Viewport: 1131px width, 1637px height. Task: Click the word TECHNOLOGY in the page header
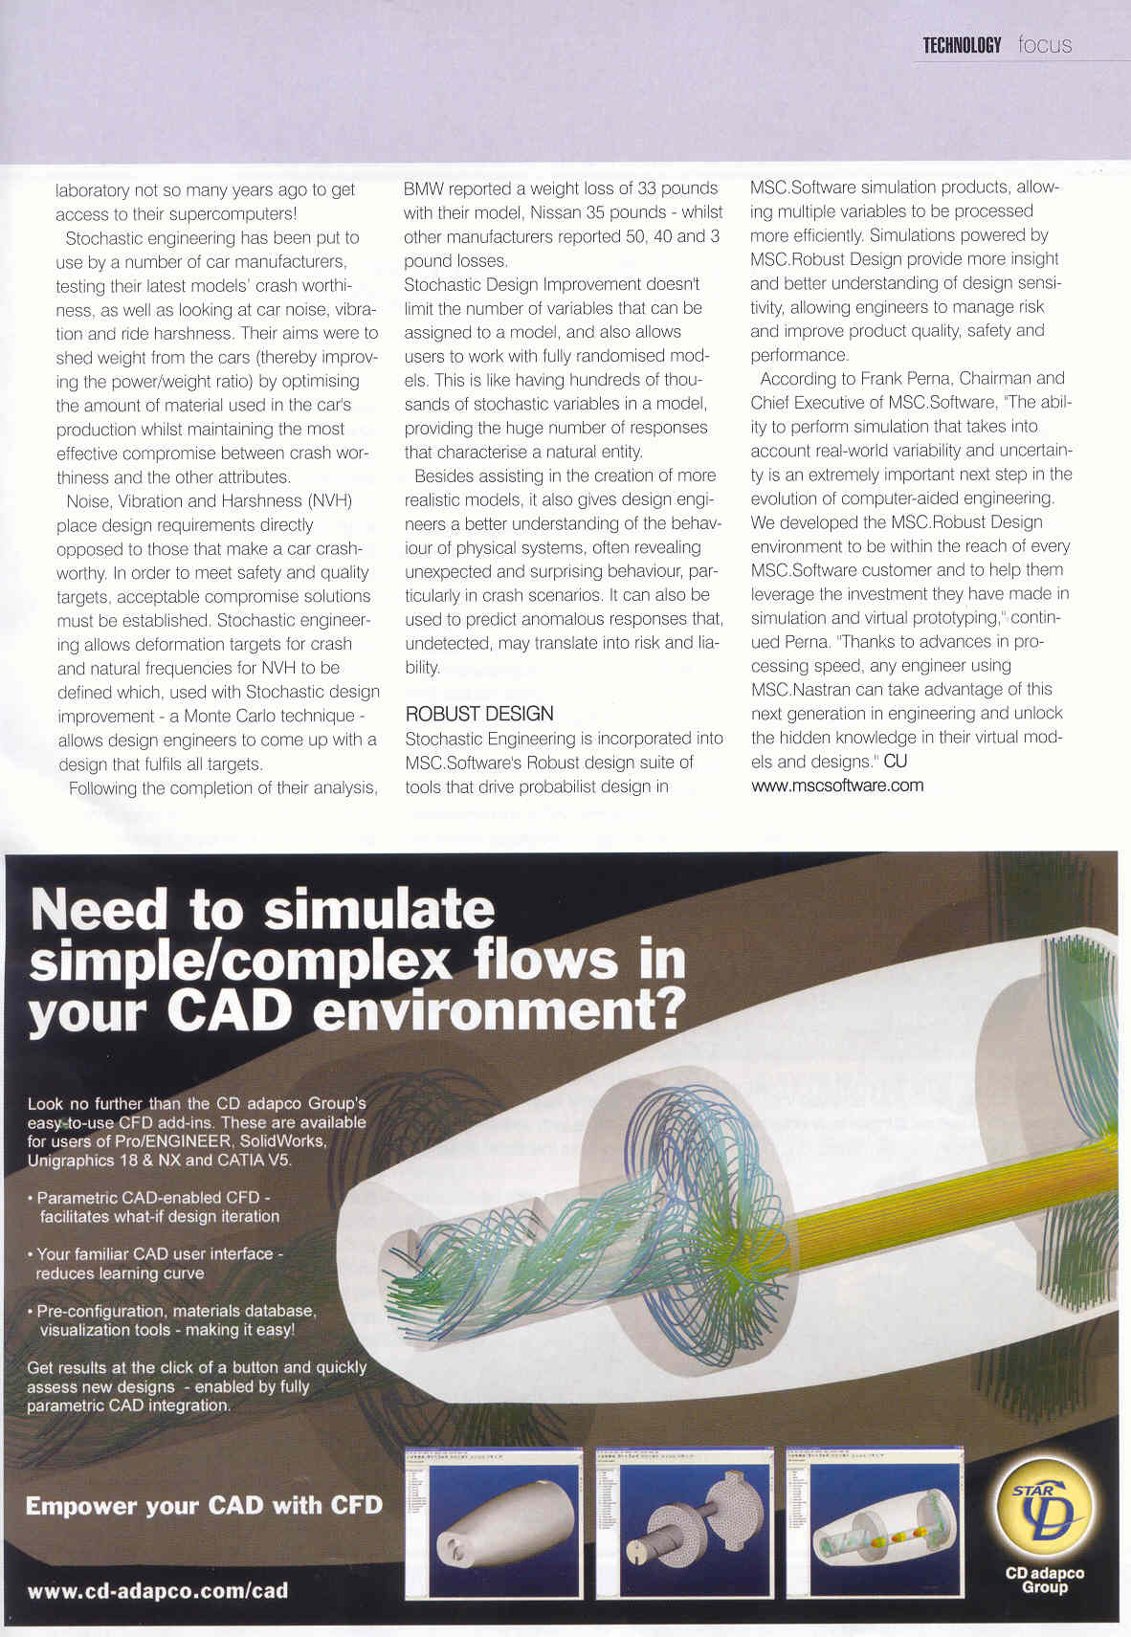(962, 45)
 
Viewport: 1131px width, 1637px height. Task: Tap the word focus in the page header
(1045, 45)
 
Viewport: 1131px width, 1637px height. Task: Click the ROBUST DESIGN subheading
(479, 714)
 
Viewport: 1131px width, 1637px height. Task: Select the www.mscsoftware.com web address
(837, 785)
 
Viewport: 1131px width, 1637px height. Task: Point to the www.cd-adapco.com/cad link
(158, 1591)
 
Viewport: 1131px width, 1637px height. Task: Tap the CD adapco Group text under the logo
(1044, 1580)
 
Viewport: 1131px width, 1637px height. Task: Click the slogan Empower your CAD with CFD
(204, 1506)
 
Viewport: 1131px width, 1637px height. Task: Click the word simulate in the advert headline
(379, 909)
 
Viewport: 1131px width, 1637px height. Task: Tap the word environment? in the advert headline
(499, 1011)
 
